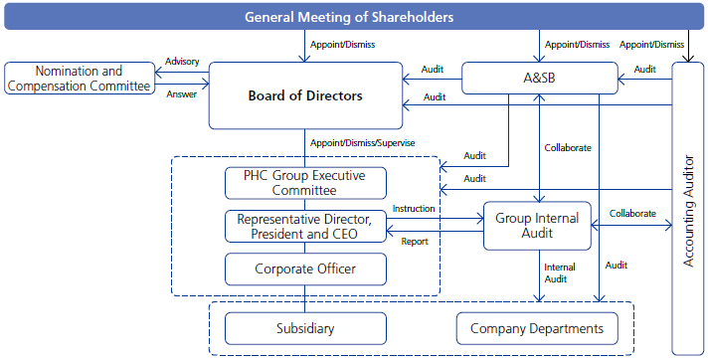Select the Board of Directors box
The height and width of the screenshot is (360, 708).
pyautogui.click(x=305, y=96)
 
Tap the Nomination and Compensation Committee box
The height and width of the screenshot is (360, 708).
pyautogui.click(x=79, y=79)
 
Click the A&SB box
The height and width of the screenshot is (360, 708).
pyautogui.click(x=538, y=79)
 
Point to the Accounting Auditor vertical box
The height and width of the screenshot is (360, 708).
pyautogui.click(x=688, y=208)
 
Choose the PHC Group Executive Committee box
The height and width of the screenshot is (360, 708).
pyautogui.click(x=304, y=183)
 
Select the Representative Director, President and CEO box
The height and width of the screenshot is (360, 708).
pyautogui.click(x=304, y=226)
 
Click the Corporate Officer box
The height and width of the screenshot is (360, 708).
pyautogui.click(x=304, y=269)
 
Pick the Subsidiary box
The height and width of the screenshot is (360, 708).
pyautogui.click(x=304, y=328)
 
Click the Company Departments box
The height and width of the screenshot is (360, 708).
pyautogui.click(x=536, y=328)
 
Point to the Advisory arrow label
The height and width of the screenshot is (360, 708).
pyautogui.click(x=182, y=62)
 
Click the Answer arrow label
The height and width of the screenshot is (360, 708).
pyautogui.click(x=182, y=94)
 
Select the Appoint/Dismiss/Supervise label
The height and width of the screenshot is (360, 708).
pyautogui.click(x=362, y=142)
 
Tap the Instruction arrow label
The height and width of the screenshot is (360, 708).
pyautogui.click(x=414, y=208)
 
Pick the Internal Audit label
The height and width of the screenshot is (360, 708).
pyautogui.click(x=557, y=273)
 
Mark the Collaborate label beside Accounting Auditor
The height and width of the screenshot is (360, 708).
pyautogui.click(x=632, y=213)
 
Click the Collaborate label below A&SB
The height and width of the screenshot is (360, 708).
pyautogui.click(x=568, y=147)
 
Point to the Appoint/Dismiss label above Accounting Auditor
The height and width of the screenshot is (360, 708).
pyautogui.click(x=651, y=44)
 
